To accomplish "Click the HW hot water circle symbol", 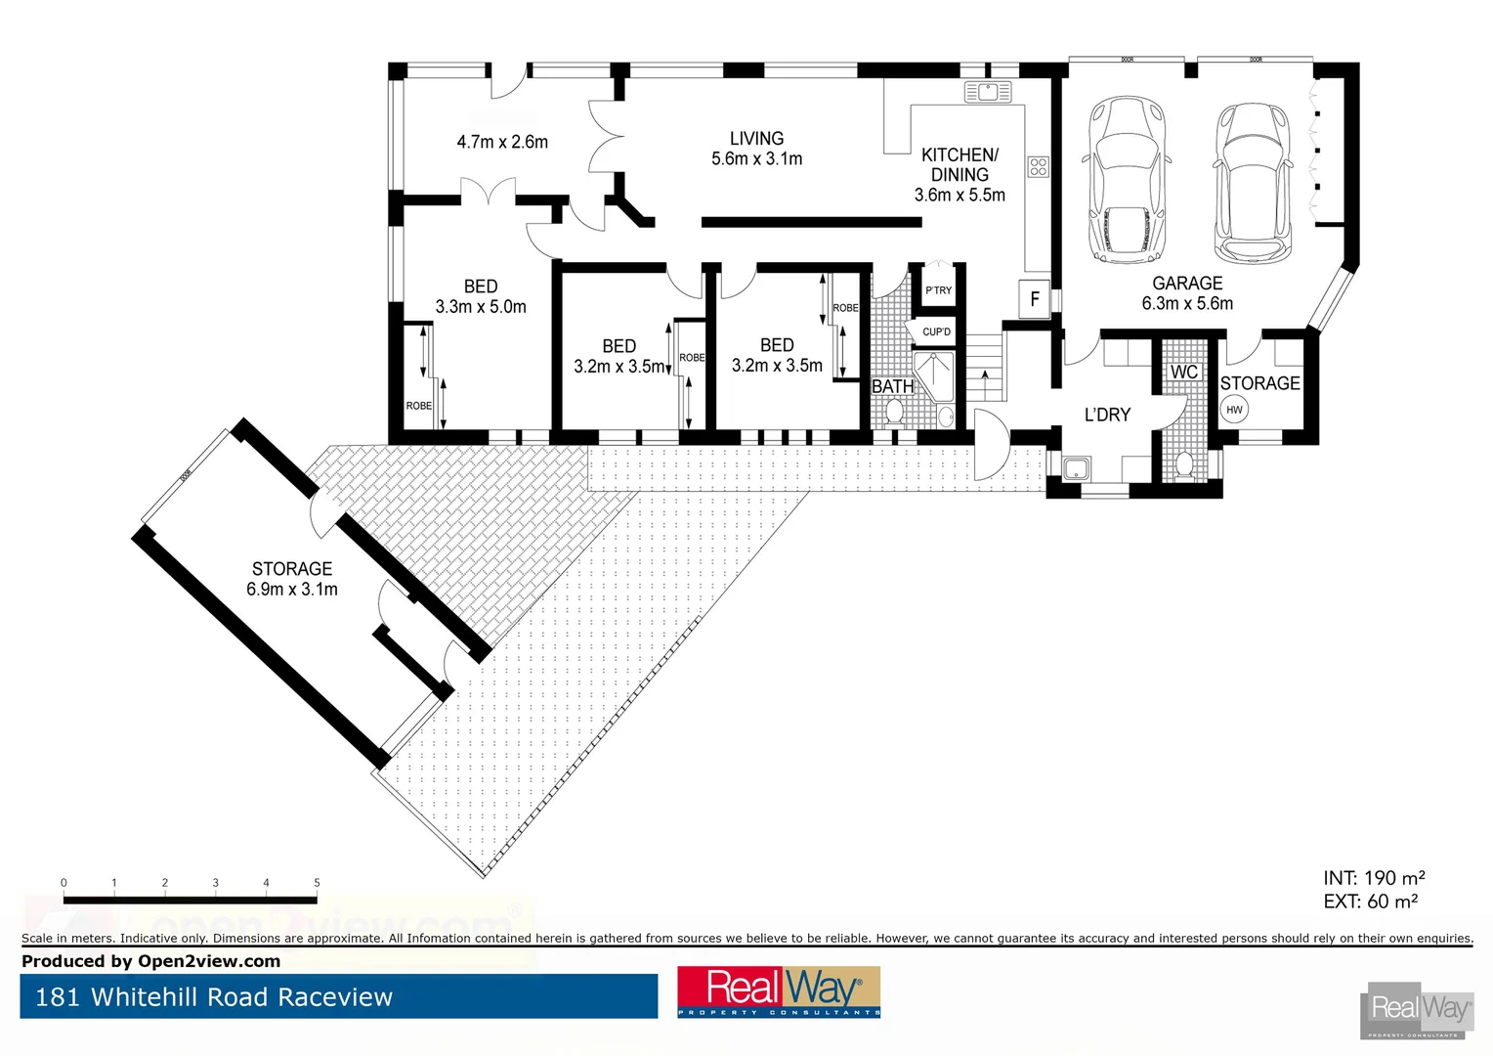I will click(x=1234, y=410).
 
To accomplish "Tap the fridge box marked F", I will click(x=1035, y=299).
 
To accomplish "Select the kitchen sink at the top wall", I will click(x=987, y=93).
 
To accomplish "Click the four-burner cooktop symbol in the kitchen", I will click(x=1038, y=167).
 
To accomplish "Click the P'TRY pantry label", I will click(x=938, y=290).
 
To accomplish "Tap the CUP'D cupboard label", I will click(x=936, y=332).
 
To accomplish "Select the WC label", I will click(x=1183, y=373).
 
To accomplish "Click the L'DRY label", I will click(x=1107, y=415).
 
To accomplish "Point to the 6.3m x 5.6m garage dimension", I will click(x=1187, y=304).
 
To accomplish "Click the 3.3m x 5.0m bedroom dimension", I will click(x=481, y=307).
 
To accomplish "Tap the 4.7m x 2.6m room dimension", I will click(x=502, y=142).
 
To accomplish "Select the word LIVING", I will click(x=756, y=139).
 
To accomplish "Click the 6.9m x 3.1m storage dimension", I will click(x=292, y=590).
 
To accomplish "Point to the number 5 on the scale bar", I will click(x=317, y=883).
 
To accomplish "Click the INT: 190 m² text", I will click(x=1374, y=878).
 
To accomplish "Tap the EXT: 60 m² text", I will click(x=1370, y=902).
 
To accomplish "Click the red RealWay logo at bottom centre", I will click(x=779, y=991).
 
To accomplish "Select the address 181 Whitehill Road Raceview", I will click(x=214, y=997).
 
